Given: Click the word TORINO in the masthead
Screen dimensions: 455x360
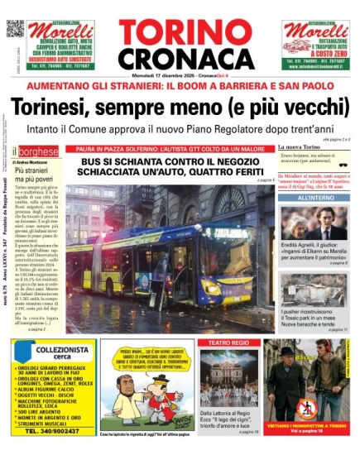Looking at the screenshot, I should pyautogui.click(x=179, y=31).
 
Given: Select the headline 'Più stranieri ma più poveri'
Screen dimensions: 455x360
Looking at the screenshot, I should pyautogui.click(x=37, y=175).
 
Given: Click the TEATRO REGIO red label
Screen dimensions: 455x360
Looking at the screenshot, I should pyautogui.click(x=228, y=342).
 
